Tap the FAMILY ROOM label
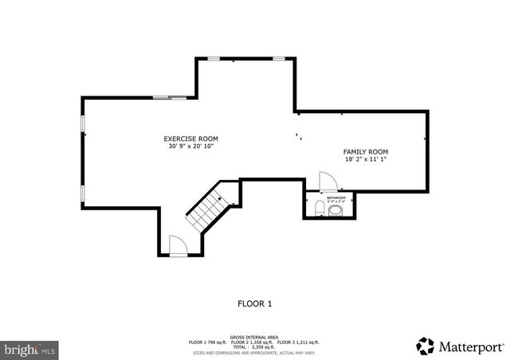pos(366,151)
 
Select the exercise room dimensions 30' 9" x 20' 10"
pos(190,147)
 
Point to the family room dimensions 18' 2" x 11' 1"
pos(366,159)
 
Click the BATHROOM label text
pos(336,198)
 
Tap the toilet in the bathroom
pos(320,209)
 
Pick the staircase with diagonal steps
pos(206,209)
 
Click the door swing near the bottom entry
pos(178,245)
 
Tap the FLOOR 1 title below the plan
pos(255,303)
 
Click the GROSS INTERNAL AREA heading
pos(255,337)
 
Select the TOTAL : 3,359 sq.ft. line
pos(254,347)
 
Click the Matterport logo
pos(460,346)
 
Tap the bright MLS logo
pos(30,349)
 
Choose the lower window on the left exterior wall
pos(83,194)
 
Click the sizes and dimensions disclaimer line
pos(255,352)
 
